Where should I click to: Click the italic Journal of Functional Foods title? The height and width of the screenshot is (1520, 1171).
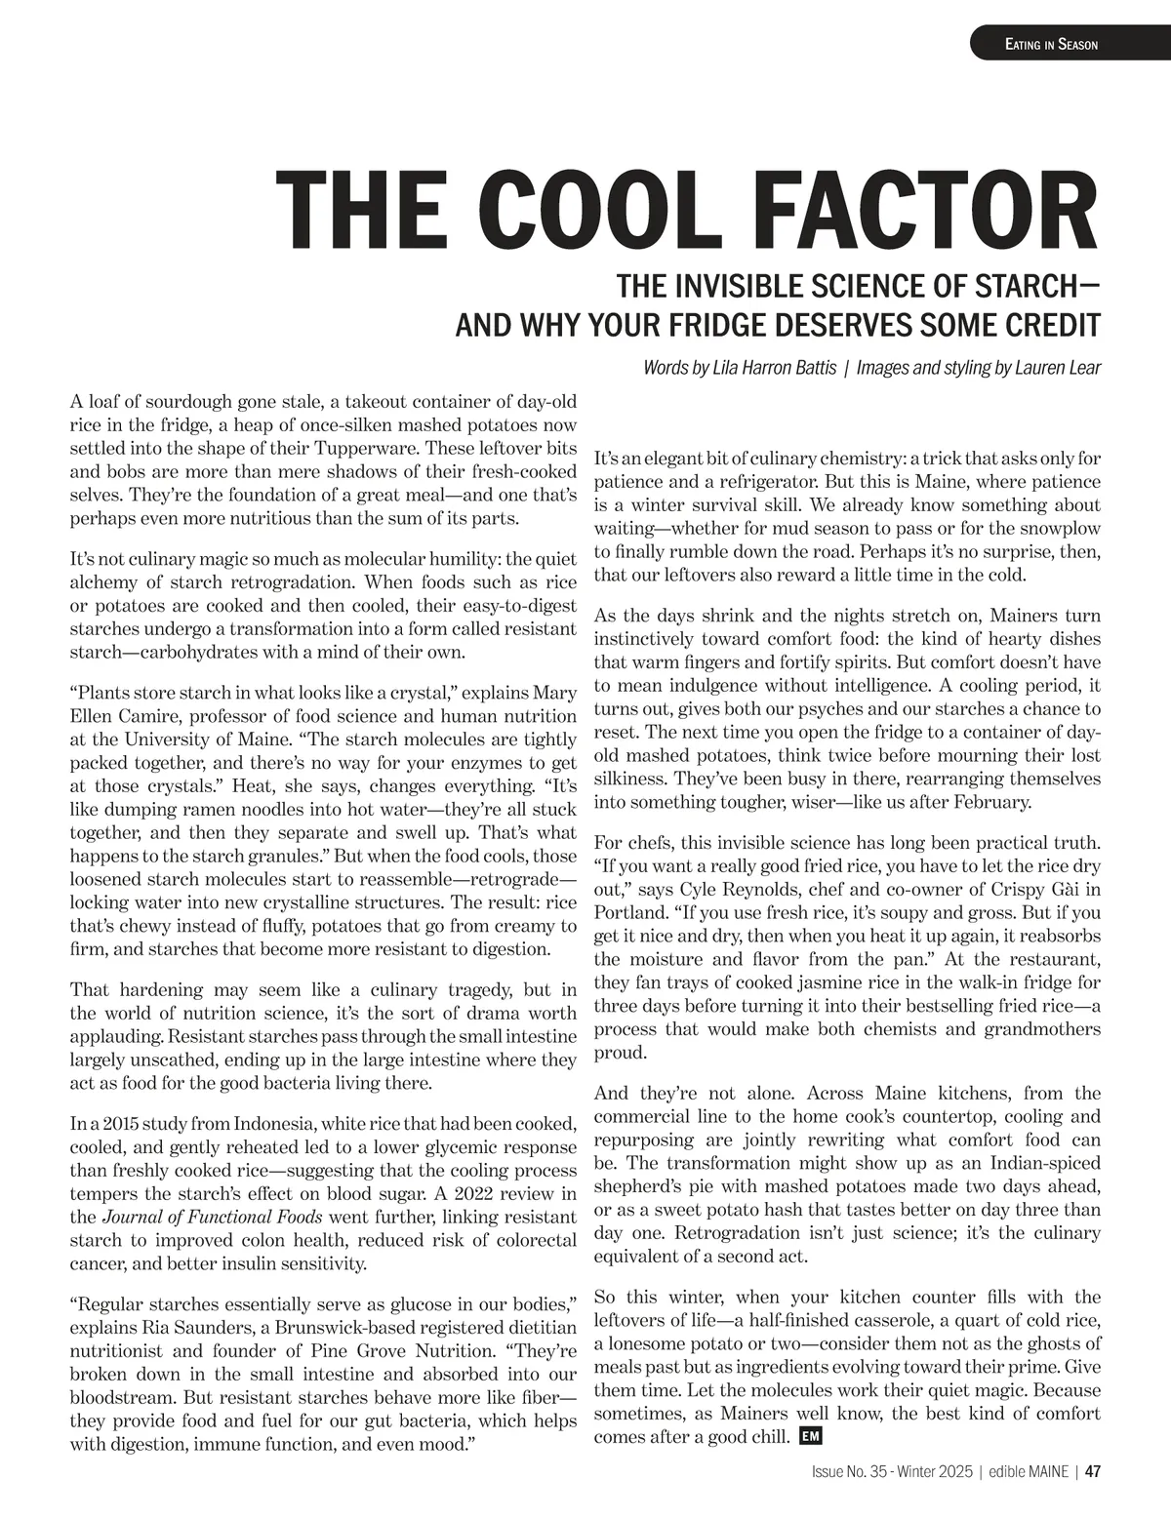[x=215, y=1217]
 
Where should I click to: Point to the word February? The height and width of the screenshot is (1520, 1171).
[x=989, y=802]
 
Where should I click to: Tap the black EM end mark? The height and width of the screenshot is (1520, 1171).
[x=807, y=1436]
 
